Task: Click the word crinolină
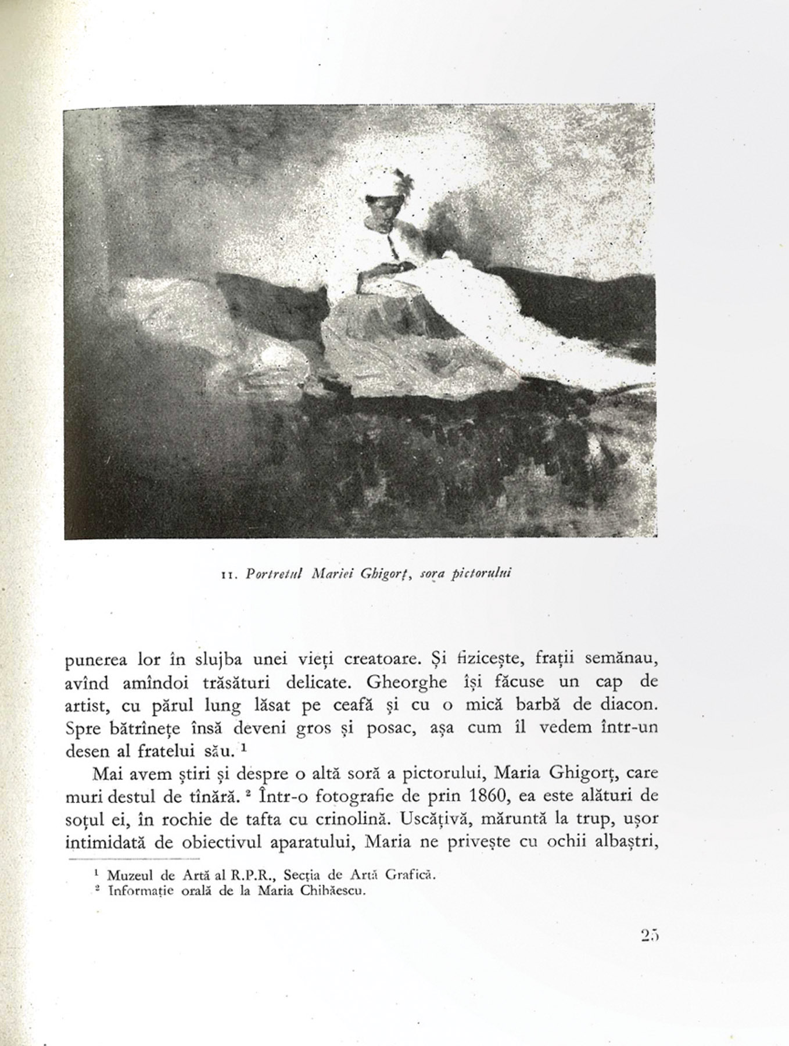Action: (333, 819)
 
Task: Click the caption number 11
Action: (227, 575)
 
